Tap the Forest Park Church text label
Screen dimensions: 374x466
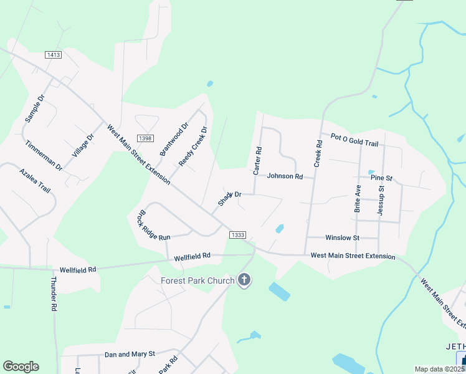click(197, 280)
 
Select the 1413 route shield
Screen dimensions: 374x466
click(54, 55)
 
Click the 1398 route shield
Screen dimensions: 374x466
click(145, 138)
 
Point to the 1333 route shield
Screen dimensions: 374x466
click(237, 234)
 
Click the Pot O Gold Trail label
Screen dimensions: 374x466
click(354, 140)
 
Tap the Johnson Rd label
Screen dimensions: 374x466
click(285, 176)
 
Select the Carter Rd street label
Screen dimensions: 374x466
click(257, 161)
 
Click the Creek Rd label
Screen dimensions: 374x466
click(318, 152)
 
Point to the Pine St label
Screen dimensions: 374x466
click(381, 178)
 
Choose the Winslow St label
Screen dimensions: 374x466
click(343, 237)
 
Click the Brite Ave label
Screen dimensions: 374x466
click(358, 199)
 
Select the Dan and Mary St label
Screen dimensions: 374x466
click(130, 354)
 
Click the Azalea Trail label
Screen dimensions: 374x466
click(34, 180)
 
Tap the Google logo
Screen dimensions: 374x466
click(21, 367)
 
